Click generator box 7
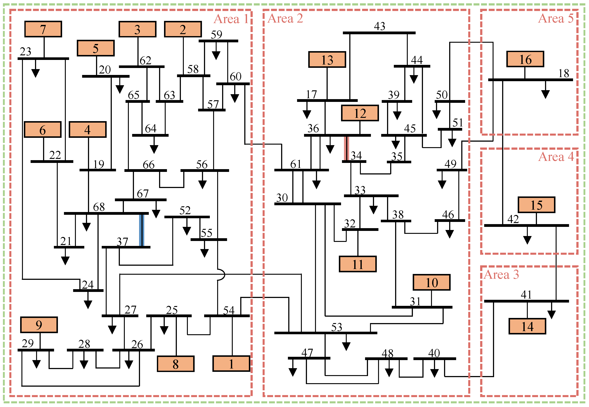(43, 29)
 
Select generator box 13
(327, 60)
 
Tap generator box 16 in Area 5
(525, 59)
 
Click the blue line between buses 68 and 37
(141, 230)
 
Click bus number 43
(379, 26)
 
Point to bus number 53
(337, 327)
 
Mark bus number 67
(143, 194)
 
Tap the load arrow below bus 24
(88, 303)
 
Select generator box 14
(527, 326)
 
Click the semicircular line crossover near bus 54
(221, 275)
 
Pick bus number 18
(564, 74)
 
